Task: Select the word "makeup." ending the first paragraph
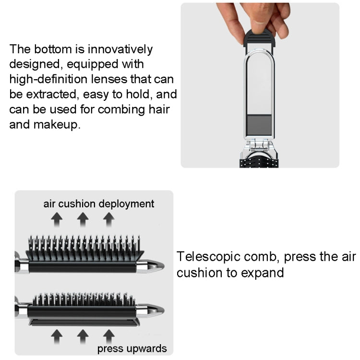[61, 124]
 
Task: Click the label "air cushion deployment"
[99, 204]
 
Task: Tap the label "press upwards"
[132, 348]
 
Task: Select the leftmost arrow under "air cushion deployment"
[57, 220]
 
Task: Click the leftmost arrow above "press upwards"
[57, 336]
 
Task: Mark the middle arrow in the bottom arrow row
[83, 336]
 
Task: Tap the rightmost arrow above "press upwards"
[108, 336]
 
